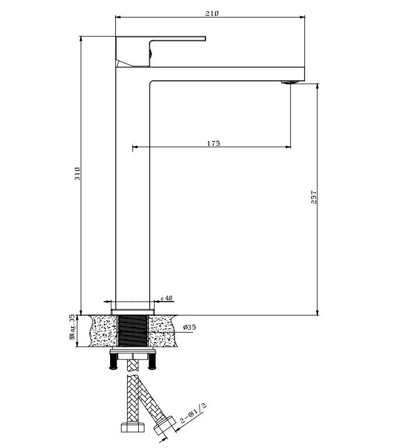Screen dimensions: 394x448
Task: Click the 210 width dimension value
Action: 212,13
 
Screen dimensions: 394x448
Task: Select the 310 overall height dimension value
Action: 77,173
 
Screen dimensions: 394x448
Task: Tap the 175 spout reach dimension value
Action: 214,143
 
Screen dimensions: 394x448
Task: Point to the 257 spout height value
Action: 314,197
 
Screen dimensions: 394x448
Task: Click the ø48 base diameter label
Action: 166,298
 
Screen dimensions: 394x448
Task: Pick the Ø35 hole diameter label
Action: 190,327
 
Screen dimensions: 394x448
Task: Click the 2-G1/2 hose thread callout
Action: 193,413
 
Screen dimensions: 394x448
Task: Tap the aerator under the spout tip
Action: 290,83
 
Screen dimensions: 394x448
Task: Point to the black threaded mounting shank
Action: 133,331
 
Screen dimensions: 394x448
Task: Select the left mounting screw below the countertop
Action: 114,361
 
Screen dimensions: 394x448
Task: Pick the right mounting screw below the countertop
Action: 152,361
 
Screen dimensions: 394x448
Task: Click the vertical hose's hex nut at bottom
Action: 132,428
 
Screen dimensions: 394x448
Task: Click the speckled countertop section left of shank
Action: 104,331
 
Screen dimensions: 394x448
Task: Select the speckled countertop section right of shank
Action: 162,331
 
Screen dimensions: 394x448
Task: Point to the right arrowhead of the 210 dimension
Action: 302,17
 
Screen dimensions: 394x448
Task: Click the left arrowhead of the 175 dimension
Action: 135,147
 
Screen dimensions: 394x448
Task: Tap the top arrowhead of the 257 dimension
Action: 317,86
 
